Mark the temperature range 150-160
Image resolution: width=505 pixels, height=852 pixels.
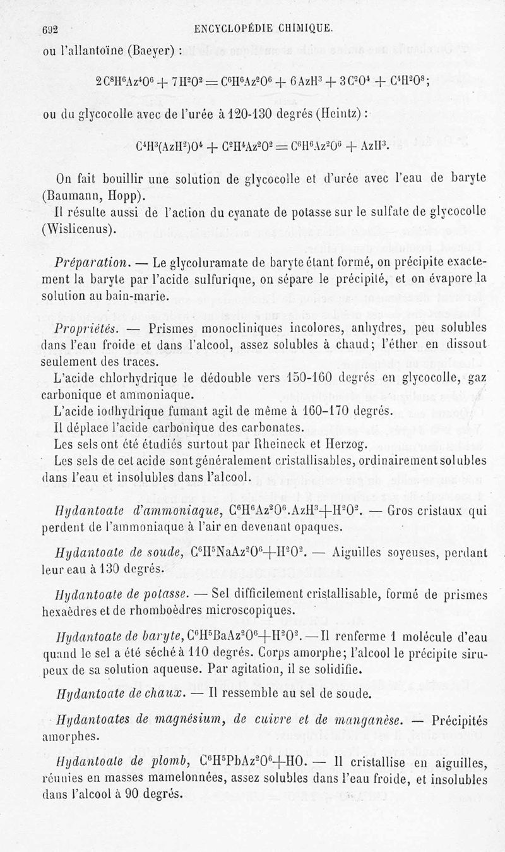tap(312, 380)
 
